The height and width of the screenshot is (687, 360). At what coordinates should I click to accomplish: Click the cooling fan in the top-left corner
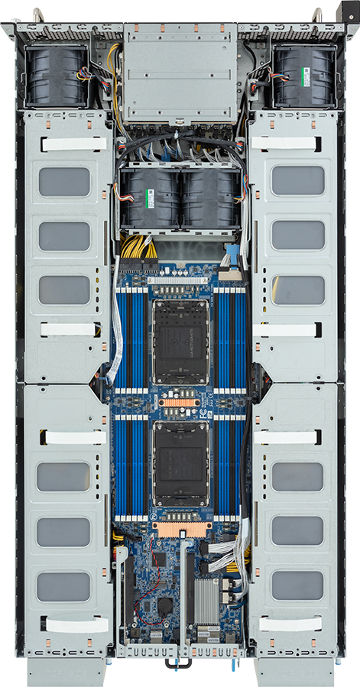tap(57, 76)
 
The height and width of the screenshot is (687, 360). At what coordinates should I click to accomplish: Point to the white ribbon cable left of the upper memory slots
tap(117, 329)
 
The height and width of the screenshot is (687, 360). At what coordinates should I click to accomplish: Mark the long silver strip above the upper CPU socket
tap(180, 281)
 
